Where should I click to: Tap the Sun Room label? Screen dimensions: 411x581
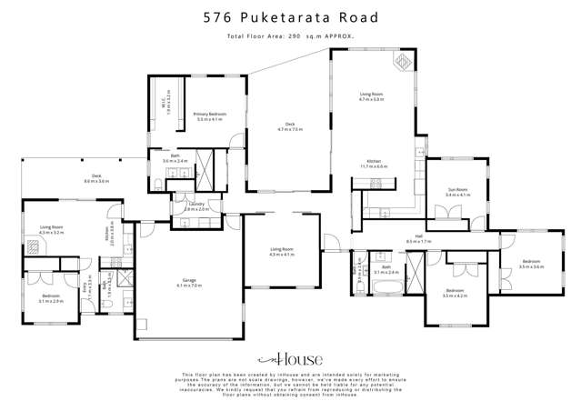tap(457, 193)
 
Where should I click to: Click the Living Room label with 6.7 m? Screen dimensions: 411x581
tap(371, 96)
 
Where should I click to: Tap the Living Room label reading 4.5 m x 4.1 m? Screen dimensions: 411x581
tap(282, 251)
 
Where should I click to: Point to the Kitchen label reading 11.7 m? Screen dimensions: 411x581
tap(374, 165)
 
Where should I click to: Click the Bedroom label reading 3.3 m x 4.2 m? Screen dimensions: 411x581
tap(454, 294)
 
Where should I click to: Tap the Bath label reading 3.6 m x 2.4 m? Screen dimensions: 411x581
tap(175, 159)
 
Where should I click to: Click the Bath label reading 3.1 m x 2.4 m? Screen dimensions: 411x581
tap(386, 270)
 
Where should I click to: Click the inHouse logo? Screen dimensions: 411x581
tap(289, 359)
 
